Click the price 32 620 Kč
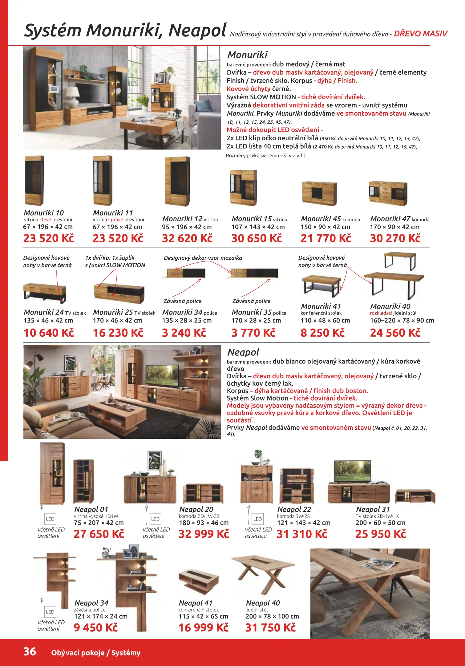tap(187, 238)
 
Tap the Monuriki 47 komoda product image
tap(388, 193)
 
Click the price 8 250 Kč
tap(322, 333)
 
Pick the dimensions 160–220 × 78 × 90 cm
tap(402, 321)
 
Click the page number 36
tap(30, 652)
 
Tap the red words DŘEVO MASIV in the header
tap(420, 34)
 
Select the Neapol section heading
tap(243, 352)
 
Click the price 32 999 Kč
tap(204, 534)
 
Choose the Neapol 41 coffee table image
tap(198, 581)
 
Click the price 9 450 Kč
tap(96, 627)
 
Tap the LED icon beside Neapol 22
tap(257, 519)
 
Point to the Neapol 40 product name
tap(263, 603)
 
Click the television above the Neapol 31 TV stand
tap(353, 471)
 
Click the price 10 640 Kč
tap(49, 333)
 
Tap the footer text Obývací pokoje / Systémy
tap(96, 653)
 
